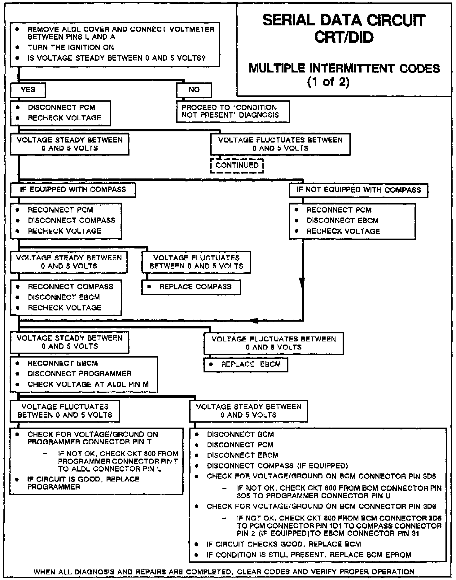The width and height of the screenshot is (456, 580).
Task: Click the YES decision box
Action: coord(28,90)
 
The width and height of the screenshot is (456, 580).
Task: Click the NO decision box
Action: coord(194,90)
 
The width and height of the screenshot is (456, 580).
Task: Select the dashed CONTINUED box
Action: coord(237,165)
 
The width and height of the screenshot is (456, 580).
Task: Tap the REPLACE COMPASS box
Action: coord(191,287)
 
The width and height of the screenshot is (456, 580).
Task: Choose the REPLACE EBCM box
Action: coord(246,365)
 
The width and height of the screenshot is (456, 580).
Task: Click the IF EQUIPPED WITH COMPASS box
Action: coord(73,190)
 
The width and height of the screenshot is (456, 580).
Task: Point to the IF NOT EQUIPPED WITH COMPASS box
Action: coord(358,190)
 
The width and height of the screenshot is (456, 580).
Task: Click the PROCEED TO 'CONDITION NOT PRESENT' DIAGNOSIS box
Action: coord(233,111)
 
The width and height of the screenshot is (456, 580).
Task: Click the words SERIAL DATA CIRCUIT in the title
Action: coord(344,20)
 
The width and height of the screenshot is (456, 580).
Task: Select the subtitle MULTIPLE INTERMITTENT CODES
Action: coord(344,68)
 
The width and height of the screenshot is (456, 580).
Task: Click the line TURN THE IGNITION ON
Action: coord(71,47)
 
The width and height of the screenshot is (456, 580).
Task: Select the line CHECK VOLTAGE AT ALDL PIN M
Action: coord(88,384)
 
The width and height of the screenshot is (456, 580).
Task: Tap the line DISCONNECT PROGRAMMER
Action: coord(79,374)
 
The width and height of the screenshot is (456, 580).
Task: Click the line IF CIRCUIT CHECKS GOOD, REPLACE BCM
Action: coord(283,544)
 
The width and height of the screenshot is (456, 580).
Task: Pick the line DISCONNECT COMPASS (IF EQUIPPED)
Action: coord(277,466)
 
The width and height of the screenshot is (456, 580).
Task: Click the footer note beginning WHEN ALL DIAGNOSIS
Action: coord(224,572)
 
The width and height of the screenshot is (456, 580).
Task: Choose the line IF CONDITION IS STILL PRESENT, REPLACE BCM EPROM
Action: coord(309,555)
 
